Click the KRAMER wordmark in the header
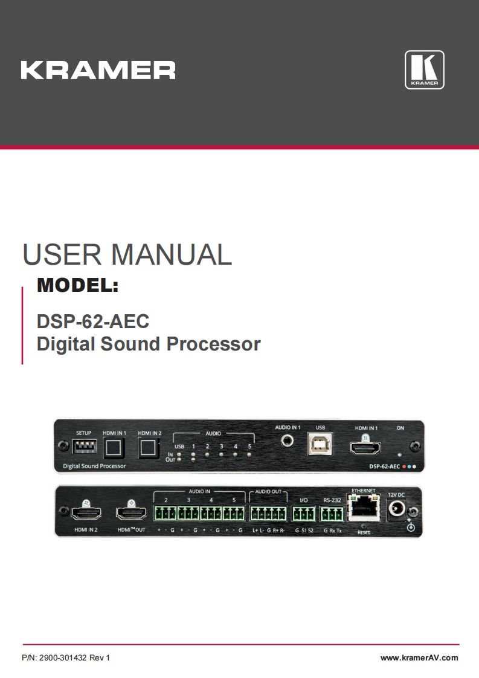(x=98, y=70)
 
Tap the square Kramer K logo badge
(x=424, y=70)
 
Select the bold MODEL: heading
(x=77, y=285)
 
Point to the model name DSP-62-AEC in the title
(x=93, y=320)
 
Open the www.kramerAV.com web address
(x=419, y=658)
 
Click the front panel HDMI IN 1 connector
(x=365, y=448)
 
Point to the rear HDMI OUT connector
(x=132, y=514)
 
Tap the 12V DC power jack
(x=397, y=509)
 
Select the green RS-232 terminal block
(x=332, y=514)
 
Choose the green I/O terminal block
(x=304, y=514)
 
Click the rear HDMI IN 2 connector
(x=86, y=514)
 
